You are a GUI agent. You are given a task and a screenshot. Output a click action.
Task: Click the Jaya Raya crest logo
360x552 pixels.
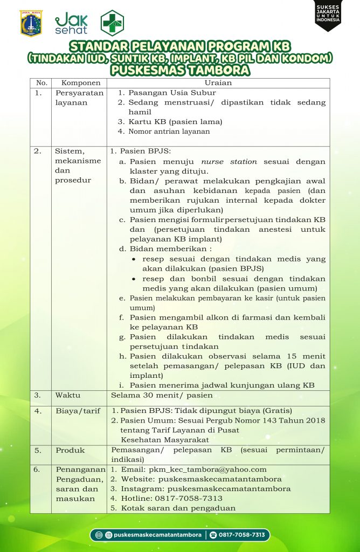pos(31,23)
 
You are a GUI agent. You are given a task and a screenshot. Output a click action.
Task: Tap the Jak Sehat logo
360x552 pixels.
pos(71,23)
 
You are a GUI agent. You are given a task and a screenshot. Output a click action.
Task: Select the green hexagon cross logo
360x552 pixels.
pos(112,23)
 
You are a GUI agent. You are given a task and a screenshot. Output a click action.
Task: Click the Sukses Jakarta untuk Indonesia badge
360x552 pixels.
pos(328,15)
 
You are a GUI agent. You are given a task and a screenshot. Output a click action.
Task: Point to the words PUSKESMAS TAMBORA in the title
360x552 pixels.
pos(180,70)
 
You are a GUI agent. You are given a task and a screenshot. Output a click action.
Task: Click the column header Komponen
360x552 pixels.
pos(81,83)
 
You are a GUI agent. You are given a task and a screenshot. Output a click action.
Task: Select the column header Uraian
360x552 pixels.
pos(218,83)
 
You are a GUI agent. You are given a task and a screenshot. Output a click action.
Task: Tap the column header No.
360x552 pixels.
pos(41,83)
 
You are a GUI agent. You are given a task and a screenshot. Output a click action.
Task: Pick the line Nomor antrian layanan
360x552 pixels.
pos(169,132)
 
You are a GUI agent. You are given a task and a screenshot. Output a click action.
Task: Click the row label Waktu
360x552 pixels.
pos(68,395)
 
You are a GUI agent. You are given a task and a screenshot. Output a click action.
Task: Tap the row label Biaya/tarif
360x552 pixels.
pos(78,411)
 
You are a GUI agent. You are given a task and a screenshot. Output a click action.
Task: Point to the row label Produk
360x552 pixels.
pos(70,450)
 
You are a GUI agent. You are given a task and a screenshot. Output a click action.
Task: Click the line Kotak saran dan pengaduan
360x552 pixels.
pos(178,508)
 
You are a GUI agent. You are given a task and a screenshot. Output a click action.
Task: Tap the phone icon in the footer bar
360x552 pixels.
pos(213,535)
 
